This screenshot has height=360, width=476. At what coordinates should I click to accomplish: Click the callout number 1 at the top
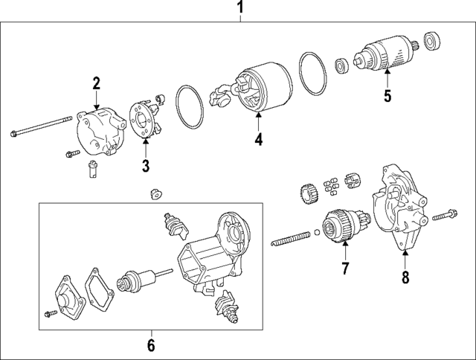click(239, 8)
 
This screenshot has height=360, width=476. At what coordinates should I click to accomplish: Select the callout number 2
click(96, 83)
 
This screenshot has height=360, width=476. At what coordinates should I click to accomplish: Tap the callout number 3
click(147, 164)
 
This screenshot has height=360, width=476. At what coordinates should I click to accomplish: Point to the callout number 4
click(258, 138)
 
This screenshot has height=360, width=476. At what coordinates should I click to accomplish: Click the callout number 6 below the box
click(150, 345)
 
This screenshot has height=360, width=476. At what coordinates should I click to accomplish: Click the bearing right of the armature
click(432, 39)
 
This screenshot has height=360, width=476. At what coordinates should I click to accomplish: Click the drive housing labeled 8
click(399, 208)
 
